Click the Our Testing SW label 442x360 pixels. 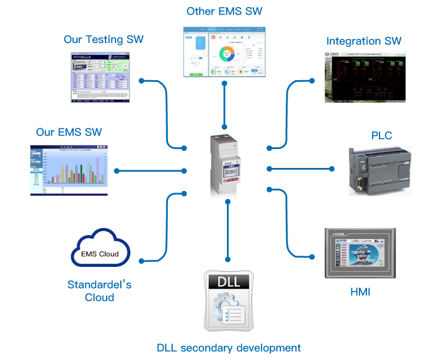[x=103, y=41]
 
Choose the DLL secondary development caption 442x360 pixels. [x=228, y=347]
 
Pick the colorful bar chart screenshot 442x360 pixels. [x=68, y=170]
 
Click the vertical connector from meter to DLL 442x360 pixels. [x=227, y=230]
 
